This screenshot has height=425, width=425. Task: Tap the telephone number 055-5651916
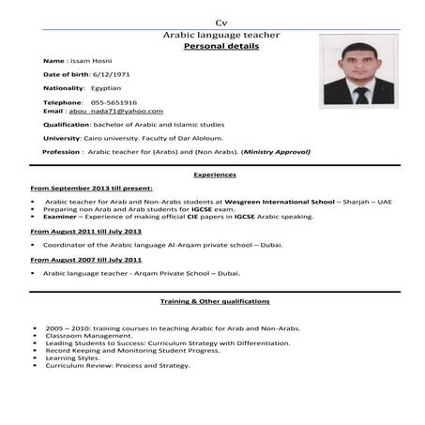(x=114, y=102)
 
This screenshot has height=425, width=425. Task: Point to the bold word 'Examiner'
(x=60, y=216)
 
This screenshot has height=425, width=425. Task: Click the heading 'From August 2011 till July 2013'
(x=86, y=230)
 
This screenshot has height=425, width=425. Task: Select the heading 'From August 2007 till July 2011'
(x=86, y=259)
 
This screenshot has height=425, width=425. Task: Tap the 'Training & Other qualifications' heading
(x=215, y=301)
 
